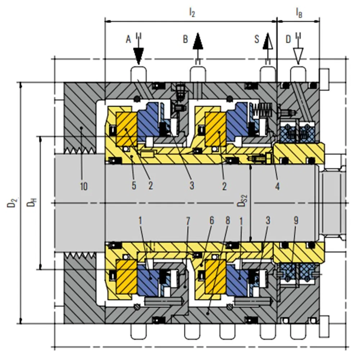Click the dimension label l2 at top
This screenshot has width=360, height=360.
coord(192,12)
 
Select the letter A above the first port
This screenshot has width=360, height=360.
coord(129,39)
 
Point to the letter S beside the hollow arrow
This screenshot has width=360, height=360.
coord(257,39)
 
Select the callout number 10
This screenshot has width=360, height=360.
coord(84,186)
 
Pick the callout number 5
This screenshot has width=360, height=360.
coord(134,185)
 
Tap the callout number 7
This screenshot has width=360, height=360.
coord(188,221)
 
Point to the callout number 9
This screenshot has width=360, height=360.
coord(296,220)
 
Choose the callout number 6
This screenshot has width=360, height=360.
coord(212,221)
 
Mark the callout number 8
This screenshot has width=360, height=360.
coord(228,221)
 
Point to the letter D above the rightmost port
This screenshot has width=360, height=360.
coord(288,39)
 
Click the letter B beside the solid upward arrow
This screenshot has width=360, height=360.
coord(185,39)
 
